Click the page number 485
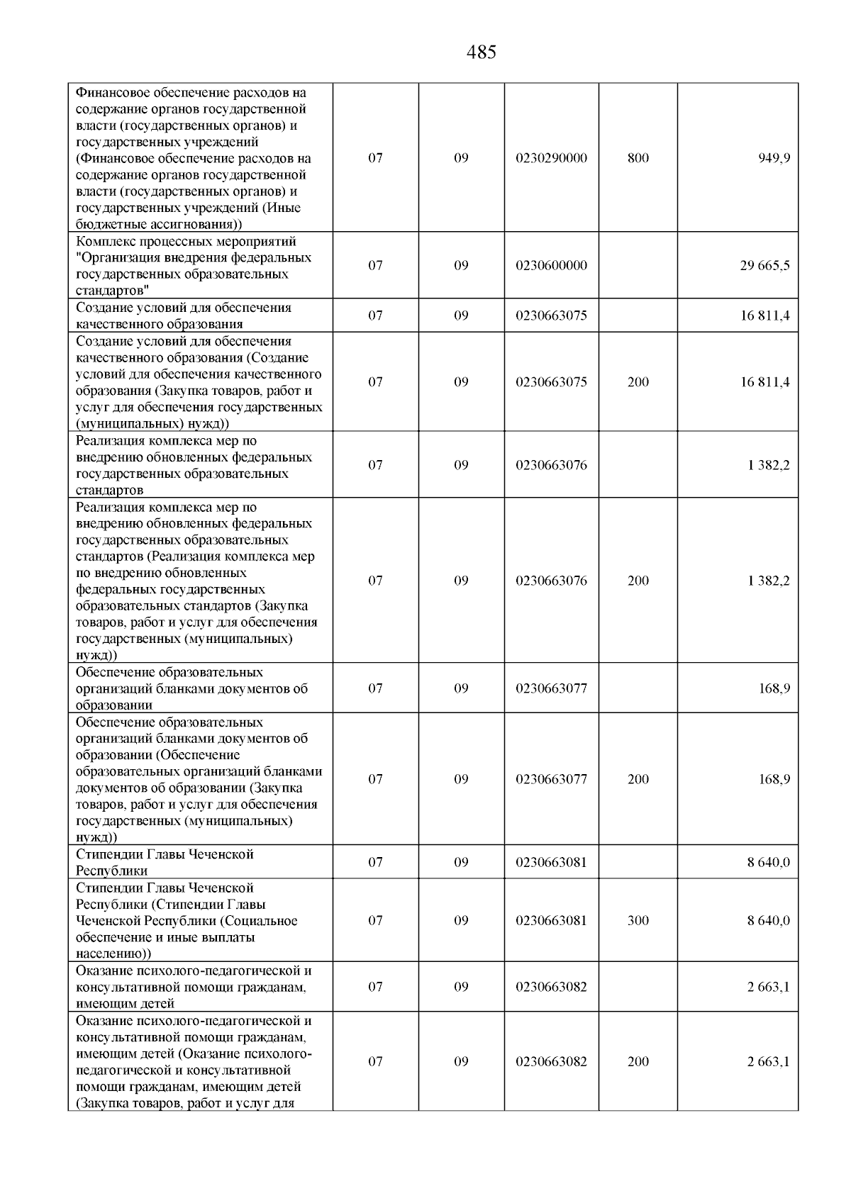pos(482,52)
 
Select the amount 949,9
pos(774,158)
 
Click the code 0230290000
pos(551,158)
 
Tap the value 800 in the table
pos(638,158)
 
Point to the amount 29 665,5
pos(764,266)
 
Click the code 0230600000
pos(551,266)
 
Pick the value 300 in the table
pos(638,921)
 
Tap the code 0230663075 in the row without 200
pos(551,316)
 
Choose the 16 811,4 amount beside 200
pos(764,383)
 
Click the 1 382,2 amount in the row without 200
pos(768,466)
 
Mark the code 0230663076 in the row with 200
pos(551,581)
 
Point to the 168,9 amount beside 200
pos(774,780)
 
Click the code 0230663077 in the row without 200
pos(551,689)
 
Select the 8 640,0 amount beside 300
pos(768,921)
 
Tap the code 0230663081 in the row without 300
pos(551,863)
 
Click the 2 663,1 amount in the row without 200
pos(768,987)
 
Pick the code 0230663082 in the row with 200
pos(551,1062)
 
